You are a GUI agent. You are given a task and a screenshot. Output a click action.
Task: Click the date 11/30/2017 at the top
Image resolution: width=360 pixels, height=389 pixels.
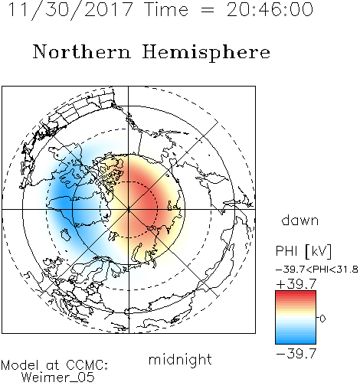coord(70,10)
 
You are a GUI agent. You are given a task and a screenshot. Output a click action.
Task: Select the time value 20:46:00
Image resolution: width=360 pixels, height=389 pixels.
coord(270,9)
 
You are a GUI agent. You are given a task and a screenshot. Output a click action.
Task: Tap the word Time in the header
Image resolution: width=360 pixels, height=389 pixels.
coord(166,9)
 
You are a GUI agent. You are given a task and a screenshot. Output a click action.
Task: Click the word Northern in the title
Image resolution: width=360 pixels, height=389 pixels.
coord(82,51)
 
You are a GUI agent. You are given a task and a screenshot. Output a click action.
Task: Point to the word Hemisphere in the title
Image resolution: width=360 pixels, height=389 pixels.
coord(206,53)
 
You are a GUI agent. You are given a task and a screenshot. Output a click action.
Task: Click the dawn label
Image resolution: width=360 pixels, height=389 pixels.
coord(300,220)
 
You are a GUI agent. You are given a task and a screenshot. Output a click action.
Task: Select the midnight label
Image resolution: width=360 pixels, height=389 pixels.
coord(180,359)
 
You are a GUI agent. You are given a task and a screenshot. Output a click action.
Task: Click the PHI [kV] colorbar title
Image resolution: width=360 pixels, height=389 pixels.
coord(303,251)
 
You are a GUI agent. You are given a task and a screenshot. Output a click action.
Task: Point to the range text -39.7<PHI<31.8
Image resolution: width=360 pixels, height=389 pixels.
coord(317,270)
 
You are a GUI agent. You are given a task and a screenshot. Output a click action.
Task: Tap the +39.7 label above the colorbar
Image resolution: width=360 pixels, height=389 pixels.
coord(296,284)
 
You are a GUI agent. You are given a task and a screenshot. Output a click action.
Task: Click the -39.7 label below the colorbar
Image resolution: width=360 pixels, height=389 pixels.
coord(296,354)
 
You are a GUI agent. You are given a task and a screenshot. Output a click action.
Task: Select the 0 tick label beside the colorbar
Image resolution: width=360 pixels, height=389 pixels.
coord(322,319)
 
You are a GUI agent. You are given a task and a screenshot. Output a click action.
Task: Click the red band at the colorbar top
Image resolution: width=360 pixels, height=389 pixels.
coord(296,293)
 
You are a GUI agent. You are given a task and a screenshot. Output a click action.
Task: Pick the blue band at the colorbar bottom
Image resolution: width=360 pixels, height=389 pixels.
coord(296,341)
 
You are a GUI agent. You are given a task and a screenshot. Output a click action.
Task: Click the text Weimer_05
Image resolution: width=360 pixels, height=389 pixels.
coord(58,378)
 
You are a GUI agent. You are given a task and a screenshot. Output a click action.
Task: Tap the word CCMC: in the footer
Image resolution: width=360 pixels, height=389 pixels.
coord(87,365)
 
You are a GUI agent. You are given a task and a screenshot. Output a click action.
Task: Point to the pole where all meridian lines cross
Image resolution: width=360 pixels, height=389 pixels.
coord(129,209)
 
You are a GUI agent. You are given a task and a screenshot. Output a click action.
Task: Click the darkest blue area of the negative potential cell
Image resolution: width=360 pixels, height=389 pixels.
coord(63,201)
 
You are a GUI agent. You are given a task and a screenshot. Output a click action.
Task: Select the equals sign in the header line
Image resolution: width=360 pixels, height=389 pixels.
coord(208,10)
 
